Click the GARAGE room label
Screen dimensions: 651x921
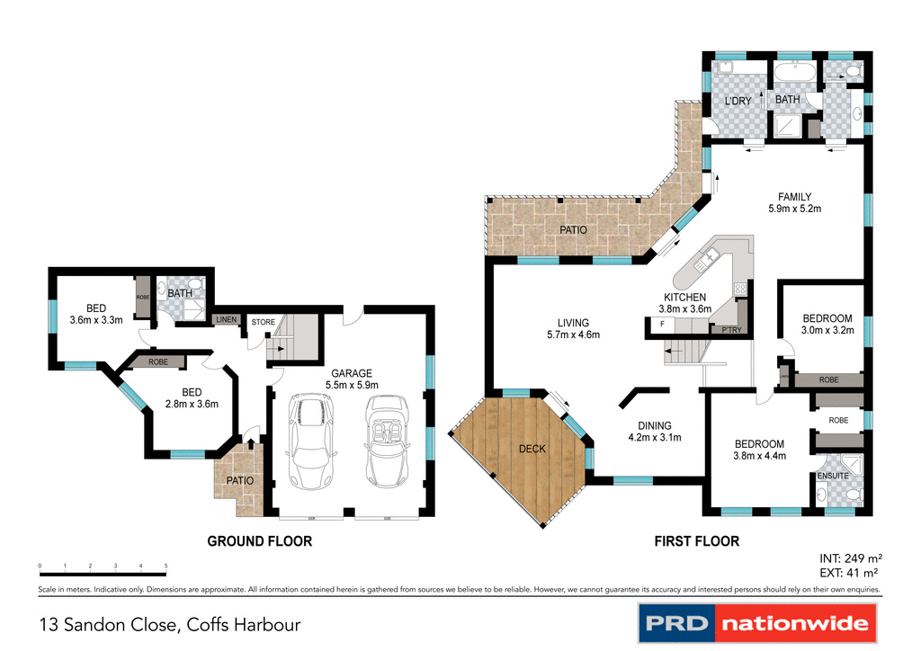click(351, 373)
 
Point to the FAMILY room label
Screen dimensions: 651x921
click(795, 197)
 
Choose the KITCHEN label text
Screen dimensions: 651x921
click(684, 297)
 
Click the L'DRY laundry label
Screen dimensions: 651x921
click(738, 101)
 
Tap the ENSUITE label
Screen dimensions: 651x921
click(833, 476)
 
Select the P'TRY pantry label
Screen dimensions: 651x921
click(731, 330)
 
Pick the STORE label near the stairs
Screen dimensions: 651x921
click(263, 321)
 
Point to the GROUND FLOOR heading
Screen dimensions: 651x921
click(259, 541)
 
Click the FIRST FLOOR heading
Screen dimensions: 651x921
click(696, 541)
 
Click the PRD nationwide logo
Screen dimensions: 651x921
click(757, 623)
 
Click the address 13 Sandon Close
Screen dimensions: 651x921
click(169, 624)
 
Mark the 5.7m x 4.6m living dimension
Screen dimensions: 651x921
click(572, 334)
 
